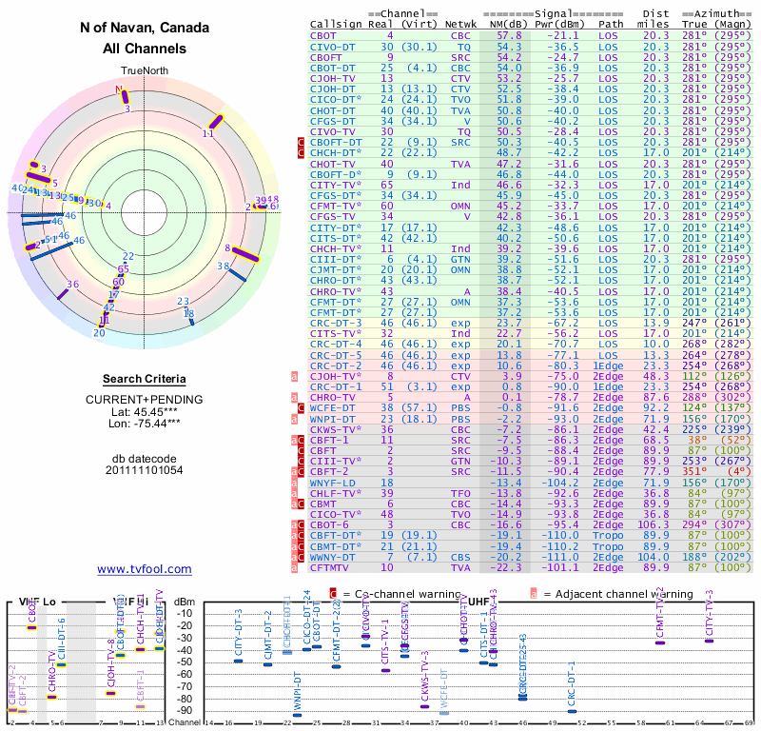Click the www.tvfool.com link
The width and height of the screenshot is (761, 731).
[x=145, y=569]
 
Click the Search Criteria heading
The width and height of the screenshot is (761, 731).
[x=145, y=379]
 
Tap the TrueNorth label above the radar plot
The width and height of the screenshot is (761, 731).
[x=145, y=72]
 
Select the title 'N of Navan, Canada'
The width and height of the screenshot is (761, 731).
[x=145, y=29]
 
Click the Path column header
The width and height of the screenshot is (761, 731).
[x=612, y=23]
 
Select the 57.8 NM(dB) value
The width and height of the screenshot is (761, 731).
[x=509, y=35]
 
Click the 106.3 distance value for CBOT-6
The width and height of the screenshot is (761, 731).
[x=654, y=524]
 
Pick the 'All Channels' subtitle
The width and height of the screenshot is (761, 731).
[x=145, y=49]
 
